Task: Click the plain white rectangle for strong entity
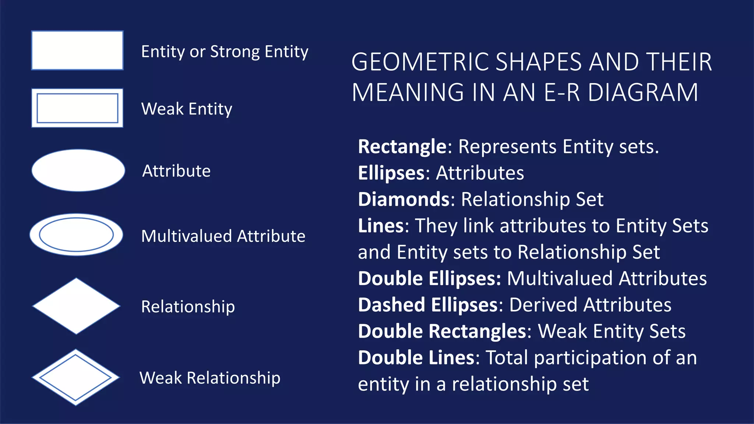(77, 50)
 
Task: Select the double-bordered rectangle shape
(77, 108)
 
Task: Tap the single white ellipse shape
(78, 170)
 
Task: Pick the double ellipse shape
(76, 235)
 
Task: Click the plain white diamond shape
(76, 306)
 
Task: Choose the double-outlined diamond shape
(76, 377)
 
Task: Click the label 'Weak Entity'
(187, 109)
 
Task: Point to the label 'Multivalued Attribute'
(223, 236)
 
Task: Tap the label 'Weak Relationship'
(210, 378)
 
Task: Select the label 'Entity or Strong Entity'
(225, 52)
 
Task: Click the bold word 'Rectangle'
(402, 146)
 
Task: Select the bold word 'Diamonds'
(404, 199)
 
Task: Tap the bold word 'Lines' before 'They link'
(381, 226)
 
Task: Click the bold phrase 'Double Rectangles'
(442, 331)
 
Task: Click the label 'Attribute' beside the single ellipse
(176, 171)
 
